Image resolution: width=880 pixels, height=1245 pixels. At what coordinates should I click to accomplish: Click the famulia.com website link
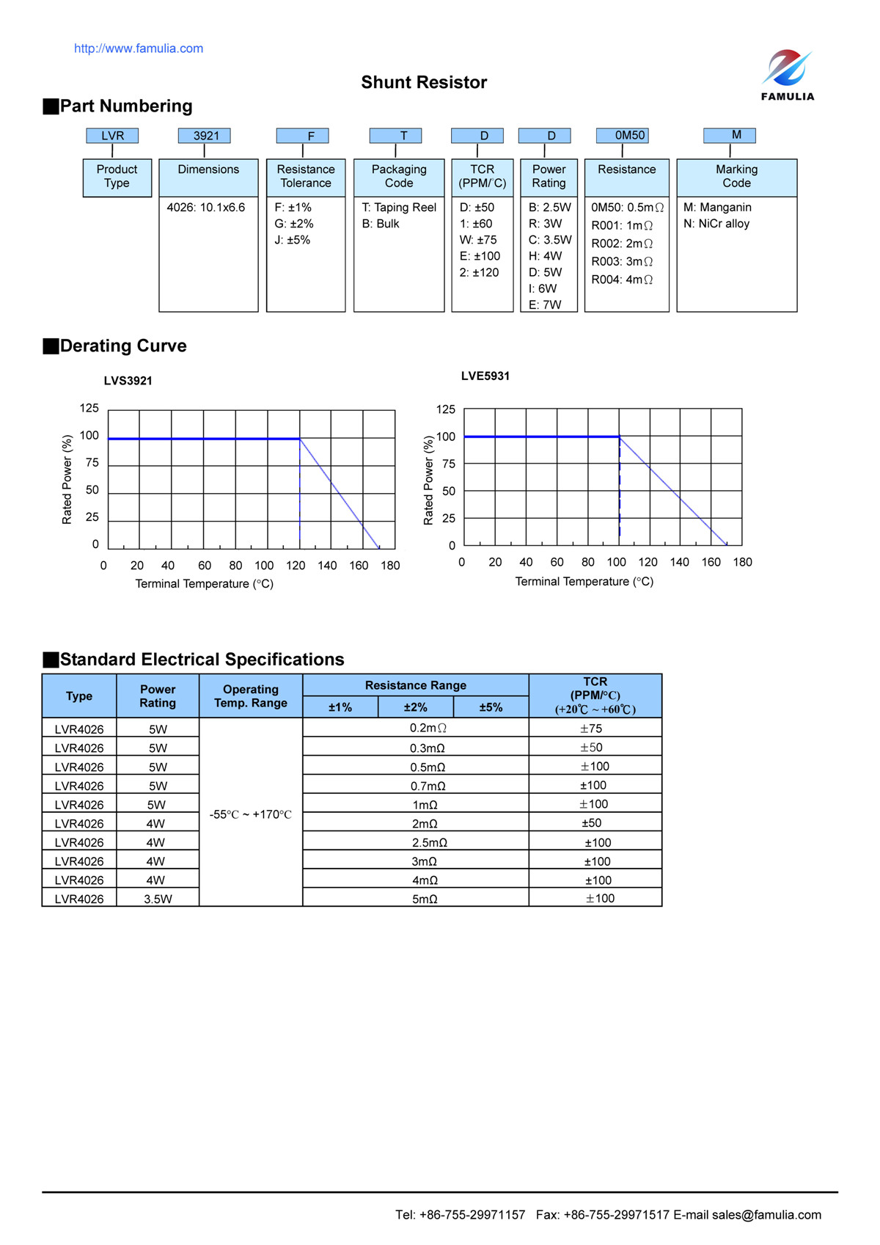[139, 48]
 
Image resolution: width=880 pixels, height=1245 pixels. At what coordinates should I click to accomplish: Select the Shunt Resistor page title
[424, 82]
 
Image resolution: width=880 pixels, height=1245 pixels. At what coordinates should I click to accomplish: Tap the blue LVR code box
[112, 136]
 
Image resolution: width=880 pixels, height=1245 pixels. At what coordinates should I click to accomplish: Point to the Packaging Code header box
[399, 177]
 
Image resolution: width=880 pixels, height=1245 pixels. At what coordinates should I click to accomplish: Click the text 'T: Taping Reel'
[399, 208]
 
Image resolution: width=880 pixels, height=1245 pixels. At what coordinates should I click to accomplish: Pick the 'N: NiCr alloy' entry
[716, 224]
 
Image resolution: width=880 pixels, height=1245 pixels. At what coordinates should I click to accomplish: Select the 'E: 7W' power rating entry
[545, 304]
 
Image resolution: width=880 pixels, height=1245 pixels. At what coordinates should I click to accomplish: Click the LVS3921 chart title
[128, 381]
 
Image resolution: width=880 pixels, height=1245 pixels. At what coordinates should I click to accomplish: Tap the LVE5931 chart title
[485, 376]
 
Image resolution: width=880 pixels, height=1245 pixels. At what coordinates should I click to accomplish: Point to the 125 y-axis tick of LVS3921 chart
[89, 408]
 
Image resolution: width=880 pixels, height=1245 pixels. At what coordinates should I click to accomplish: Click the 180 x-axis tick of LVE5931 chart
[742, 562]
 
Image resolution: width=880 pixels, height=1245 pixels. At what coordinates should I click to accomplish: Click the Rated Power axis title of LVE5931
[429, 480]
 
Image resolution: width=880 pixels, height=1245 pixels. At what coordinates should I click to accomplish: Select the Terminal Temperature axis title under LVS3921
[204, 584]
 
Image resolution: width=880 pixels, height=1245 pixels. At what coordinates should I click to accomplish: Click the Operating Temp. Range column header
[251, 696]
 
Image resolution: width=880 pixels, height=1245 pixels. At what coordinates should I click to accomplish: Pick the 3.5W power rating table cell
[158, 899]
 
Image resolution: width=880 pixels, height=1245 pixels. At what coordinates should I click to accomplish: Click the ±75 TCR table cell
[591, 729]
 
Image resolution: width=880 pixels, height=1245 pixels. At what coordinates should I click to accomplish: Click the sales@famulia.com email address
[766, 1215]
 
